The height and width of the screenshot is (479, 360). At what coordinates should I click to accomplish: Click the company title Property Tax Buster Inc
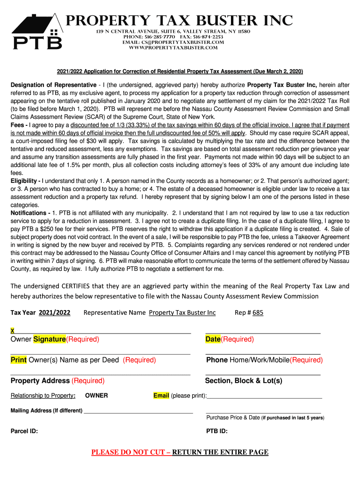pyautogui.click(x=179, y=21)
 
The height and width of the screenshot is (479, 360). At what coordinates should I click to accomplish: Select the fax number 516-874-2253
pyautogui.click(x=207, y=37)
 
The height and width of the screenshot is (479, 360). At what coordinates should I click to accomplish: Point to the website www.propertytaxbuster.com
pyautogui.click(x=173, y=48)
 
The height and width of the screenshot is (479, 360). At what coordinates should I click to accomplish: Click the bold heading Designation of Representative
pyautogui.click(x=53, y=85)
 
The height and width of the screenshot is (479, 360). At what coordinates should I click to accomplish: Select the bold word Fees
pyautogui.click(x=19, y=125)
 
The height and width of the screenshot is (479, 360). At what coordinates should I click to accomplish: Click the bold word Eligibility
pyautogui.click(x=24, y=181)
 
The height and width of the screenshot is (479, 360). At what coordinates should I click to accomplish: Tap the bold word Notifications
pyautogui.click(x=30, y=213)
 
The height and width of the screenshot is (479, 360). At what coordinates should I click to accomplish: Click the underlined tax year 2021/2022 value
pyautogui.click(x=54, y=312)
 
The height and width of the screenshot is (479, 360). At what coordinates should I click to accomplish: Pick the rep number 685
pyautogui.click(x=258, y=312)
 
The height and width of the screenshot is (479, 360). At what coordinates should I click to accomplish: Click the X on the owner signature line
pyautogui.click(x=12, y=331)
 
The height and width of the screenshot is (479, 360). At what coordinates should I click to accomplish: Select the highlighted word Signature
pyautogui.click(x=50, y=339)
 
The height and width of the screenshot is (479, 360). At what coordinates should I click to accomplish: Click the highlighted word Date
pyautogui.click(x=213, y=339)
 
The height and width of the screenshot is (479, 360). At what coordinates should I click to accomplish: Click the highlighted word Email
pyautogui.click(x=161, y=396)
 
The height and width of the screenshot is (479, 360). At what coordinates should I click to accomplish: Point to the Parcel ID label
pyautogui.click(x=24, y=431)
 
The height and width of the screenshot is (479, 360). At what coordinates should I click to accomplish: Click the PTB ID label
pyautogui.click(x=217, y=431)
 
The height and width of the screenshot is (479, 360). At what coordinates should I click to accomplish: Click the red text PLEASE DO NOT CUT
pyautogui.click(x=130, y=452)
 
